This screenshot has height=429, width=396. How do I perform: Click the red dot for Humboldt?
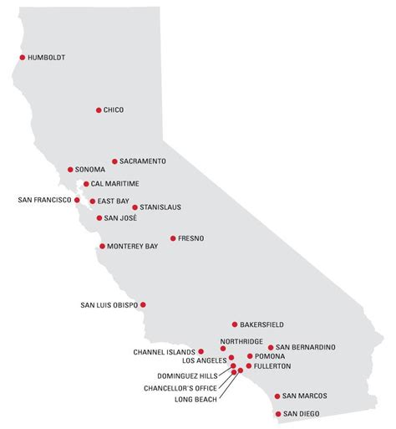coord(22,57)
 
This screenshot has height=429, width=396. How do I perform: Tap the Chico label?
coord(113,110)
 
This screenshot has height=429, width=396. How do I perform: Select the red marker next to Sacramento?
coord(114,161)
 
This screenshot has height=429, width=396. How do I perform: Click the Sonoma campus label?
coord(89,170)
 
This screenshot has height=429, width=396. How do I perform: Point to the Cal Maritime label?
coord(114,183)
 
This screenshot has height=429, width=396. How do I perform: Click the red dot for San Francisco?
coord(77,200)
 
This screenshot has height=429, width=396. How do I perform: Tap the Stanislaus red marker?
coord(135,207)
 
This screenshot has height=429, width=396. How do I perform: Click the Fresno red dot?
coord(172,238)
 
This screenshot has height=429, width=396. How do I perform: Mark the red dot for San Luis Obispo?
coord(144,304)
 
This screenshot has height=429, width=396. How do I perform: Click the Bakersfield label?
coord(261,324)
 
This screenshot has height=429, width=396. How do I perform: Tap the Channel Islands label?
coord(163,352)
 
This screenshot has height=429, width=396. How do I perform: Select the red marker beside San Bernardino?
coord(271,347)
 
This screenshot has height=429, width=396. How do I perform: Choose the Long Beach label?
coord(195,400)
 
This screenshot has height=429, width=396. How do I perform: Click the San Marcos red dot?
coord(277,396)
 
